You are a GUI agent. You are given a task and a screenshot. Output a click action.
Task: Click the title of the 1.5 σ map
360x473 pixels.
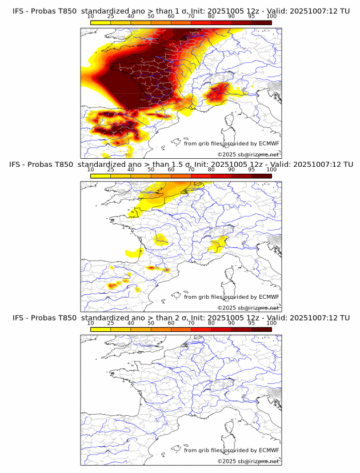pos(181,164)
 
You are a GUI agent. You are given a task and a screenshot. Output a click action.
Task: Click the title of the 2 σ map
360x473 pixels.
pos(181,317)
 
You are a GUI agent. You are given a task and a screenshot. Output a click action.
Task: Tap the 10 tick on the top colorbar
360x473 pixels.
pos(91,17)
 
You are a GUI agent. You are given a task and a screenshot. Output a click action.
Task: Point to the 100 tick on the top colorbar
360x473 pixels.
pos(271,17)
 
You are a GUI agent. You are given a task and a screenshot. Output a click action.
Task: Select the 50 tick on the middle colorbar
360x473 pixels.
pos(151,170)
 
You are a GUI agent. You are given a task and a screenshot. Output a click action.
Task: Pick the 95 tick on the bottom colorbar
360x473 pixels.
pos(251,323)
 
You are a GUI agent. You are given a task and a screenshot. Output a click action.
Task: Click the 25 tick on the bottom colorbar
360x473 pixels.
pos(111,323)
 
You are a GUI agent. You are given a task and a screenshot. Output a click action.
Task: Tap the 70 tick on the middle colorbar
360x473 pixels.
pos(191,170)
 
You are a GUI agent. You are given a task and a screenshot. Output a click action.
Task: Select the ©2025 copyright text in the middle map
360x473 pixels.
pos(248,307)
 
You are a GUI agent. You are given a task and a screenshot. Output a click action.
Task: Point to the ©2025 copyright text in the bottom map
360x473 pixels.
pos(248,461)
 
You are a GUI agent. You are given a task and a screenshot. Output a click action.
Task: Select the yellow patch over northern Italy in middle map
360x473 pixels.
pos(218,245)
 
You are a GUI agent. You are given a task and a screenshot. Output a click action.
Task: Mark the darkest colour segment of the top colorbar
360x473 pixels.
pos(262,22)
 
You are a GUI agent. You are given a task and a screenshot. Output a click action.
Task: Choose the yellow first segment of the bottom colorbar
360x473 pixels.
pos(101,329)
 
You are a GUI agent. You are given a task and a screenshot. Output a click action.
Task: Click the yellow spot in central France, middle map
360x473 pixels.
pos(160,238)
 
